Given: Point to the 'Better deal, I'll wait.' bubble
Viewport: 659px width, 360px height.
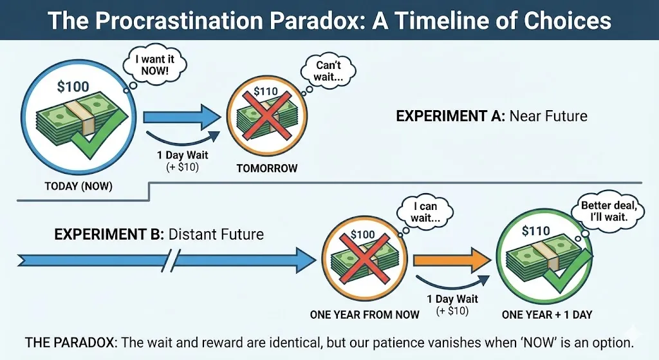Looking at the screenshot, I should click(605, 207).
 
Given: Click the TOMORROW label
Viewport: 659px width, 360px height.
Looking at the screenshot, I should click(266, 168).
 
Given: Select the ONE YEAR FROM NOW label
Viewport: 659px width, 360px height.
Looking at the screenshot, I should click(365, 314).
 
